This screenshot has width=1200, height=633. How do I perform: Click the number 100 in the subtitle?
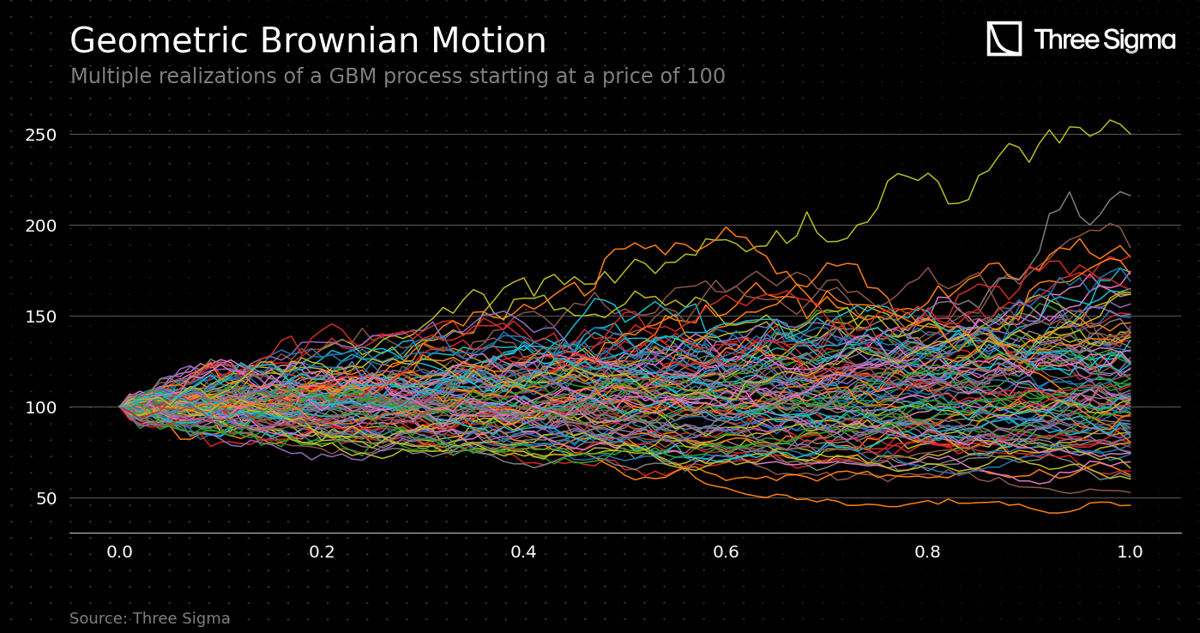(705, 77)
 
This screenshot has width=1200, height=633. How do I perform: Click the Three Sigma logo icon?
(1004, 39)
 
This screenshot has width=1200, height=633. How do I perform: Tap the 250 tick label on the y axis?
(41, 135)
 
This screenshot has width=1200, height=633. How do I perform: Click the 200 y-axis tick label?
(41, 226)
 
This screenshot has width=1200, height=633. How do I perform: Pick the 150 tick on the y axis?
(41, 316)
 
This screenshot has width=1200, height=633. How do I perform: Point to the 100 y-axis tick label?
(41, 407)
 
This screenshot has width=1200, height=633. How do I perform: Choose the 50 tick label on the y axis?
(45, 498)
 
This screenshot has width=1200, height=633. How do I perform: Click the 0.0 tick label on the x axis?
(120, 552)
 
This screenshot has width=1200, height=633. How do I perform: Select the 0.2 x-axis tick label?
(322, 552)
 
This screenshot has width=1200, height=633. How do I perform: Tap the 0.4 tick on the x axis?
(524, 552)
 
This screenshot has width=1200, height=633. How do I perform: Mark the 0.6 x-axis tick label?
(726, 552)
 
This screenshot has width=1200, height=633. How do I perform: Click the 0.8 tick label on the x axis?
(928, 552)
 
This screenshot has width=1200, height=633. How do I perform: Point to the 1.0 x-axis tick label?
(1130, 552)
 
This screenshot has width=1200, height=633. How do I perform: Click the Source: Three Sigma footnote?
(150, 619)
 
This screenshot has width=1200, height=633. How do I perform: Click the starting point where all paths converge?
(120, 407)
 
